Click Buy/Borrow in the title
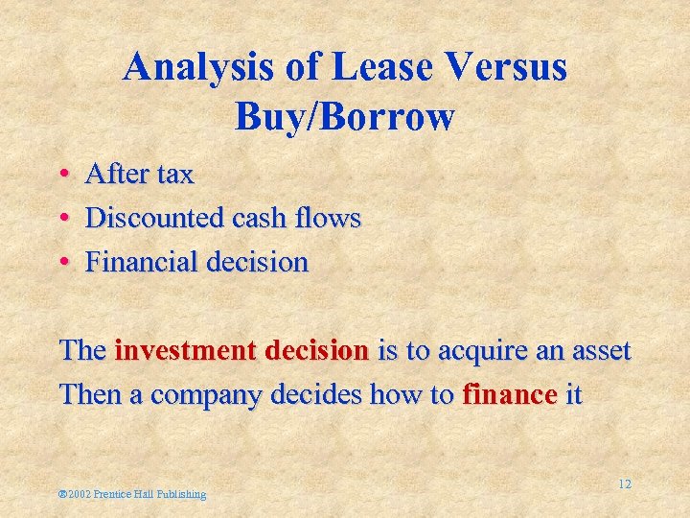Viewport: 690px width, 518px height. pyautogui.click(x=344, y=117)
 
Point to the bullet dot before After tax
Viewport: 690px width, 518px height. pyautogui.click(x=63, y=175)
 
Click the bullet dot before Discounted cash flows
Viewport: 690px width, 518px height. pyautogui.click(x=63, y=219)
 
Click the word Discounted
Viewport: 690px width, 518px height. pyautogui.click(x=155, y=219)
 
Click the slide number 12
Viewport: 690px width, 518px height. pyautogui.click(x=624, y=484)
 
